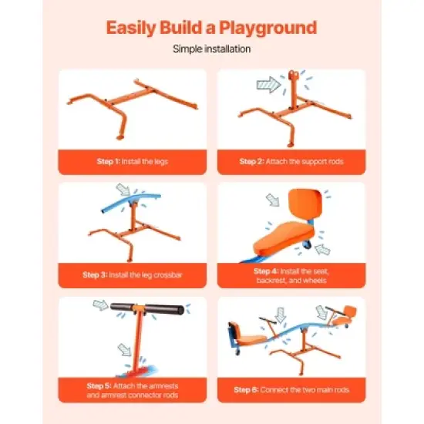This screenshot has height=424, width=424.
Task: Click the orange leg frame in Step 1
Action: click(123, 104)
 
